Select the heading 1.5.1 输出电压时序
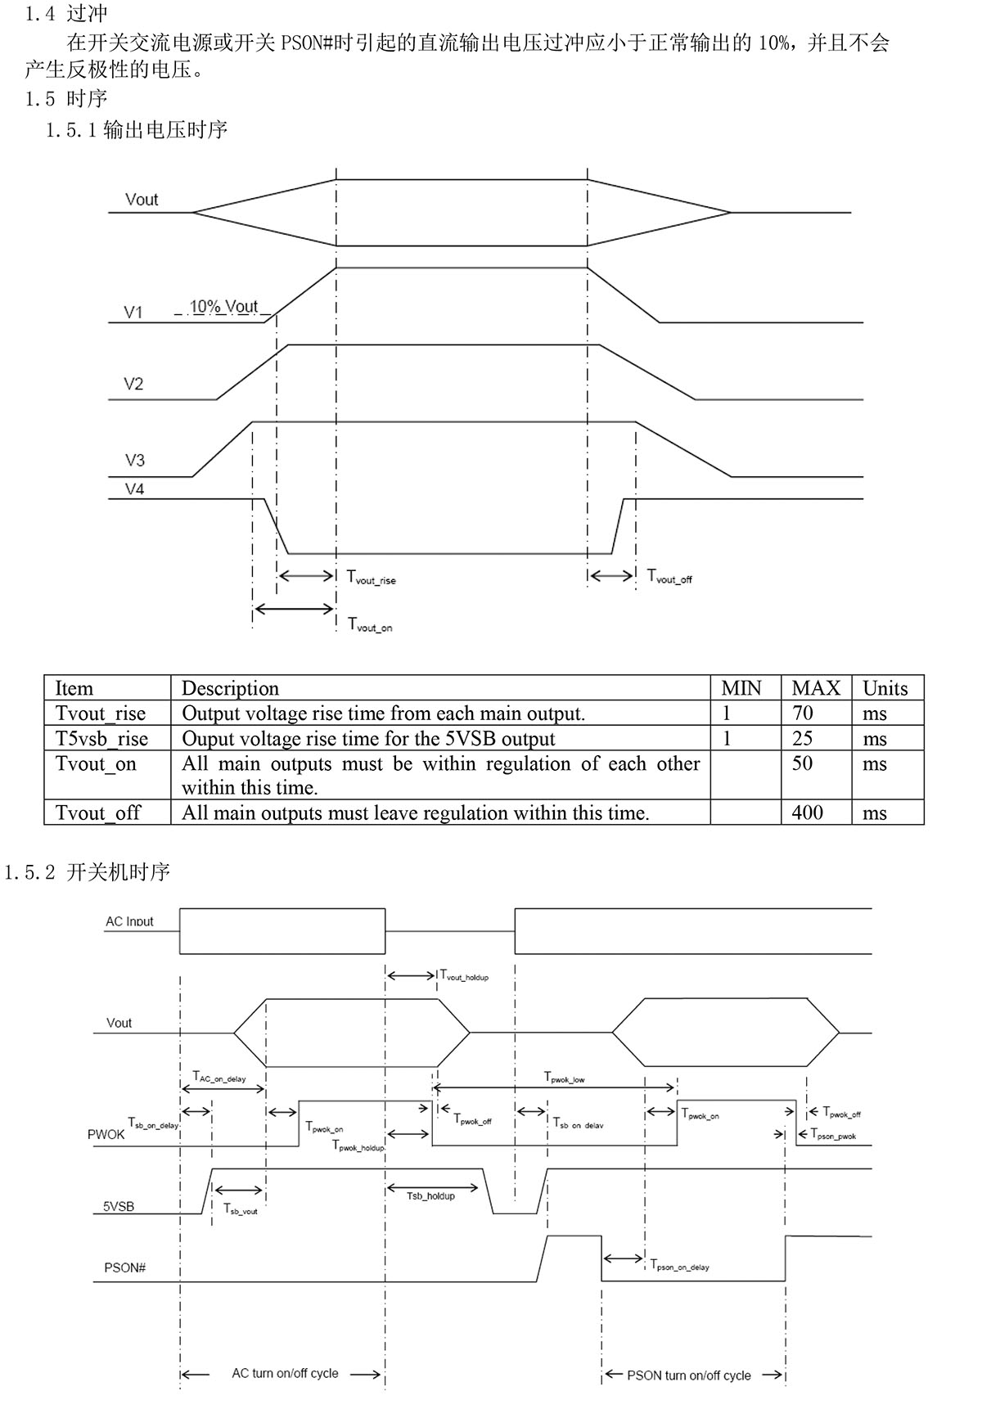(x=137, y=130)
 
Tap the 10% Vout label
(x=223, y=307)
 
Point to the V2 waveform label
(x=133, y=384)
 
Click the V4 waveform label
(x=134, y=489)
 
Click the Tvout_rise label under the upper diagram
(x=371, y=578)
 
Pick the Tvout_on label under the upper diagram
(x=370, y=625)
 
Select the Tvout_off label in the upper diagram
(x=669, y=577)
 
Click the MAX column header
(x=815, y=688)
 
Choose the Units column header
(x=885, y=688)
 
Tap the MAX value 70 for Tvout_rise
(x=803, y=714)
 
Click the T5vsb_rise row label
(x=101, y=739)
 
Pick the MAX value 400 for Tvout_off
(x=807, y=813)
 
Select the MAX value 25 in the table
(x=803, y=739)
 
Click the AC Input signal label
(x=129, y=921)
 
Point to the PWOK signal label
(x=106, y=1135)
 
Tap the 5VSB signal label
(x=119, y=1206)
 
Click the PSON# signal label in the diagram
(x=125, y=1267)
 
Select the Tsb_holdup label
(x=430, y=1196)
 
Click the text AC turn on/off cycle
(x=285, y=1373)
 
